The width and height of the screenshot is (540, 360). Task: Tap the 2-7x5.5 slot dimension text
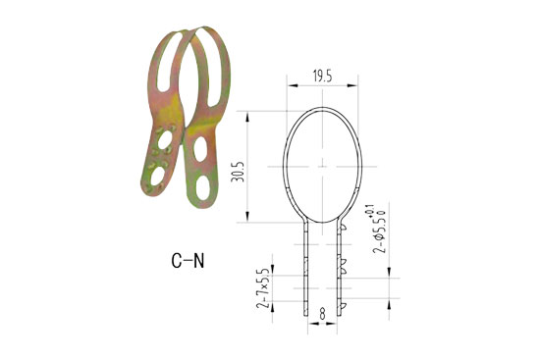click(262, 289)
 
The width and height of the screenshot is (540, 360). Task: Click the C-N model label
click(187, 261)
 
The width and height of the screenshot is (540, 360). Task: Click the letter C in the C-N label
click(176, 261)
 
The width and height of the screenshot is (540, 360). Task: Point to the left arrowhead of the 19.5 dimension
click(291, 85)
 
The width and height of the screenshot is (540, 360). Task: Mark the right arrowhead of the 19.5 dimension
click(355, 85)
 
